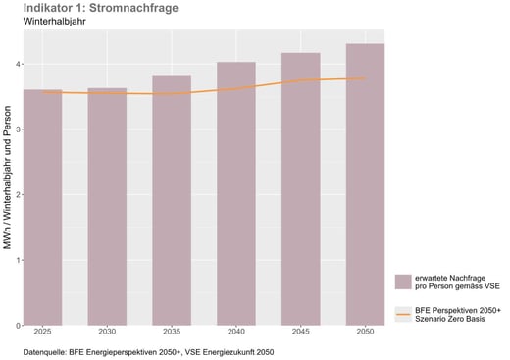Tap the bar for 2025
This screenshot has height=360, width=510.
(42, 207)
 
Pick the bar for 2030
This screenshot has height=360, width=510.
(107, 206)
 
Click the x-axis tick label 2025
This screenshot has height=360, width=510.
(42, 333)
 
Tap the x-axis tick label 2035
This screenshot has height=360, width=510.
(172, 333)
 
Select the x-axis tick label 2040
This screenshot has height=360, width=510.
(235, 333)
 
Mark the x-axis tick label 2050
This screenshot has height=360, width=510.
(365, 333)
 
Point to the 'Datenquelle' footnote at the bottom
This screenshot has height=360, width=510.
(150, 350)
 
